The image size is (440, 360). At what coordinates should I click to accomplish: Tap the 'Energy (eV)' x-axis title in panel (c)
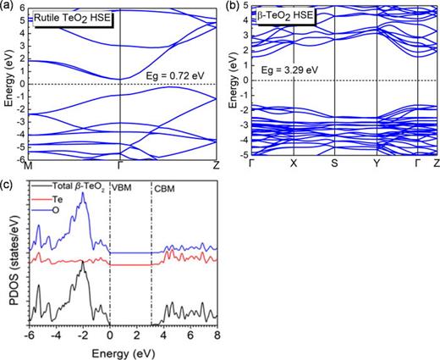pos(124,351)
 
